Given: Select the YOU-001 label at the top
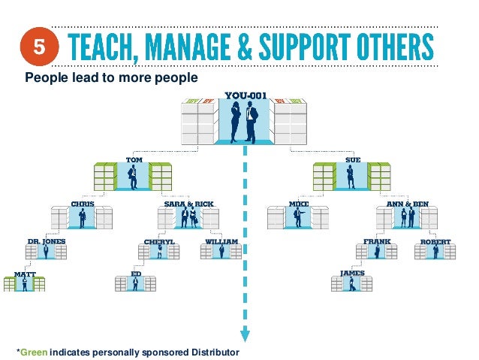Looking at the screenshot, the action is [244, 95].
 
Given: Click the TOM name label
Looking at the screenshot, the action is [133, 160].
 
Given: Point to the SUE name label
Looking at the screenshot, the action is [353, 160].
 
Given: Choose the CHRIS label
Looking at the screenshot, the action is [83, 203].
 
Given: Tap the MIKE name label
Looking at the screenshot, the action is [299, 203].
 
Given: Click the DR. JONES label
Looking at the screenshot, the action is [47, 241].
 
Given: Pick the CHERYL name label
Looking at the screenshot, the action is [159, 241].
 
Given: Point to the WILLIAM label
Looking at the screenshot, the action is [222, 241].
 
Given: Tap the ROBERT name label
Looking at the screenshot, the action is [436, 241].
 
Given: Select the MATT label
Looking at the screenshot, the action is [25, 274].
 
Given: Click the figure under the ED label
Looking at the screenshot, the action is [136, 284].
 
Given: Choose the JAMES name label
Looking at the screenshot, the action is [352, 273].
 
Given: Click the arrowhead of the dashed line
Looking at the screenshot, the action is [244, 336].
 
